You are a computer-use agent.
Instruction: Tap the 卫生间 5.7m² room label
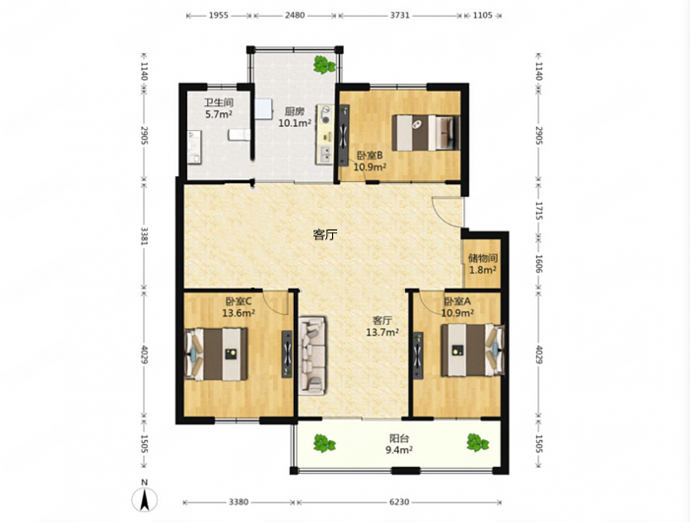pos(219,108)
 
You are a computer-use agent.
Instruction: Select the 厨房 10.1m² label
pos(295,117)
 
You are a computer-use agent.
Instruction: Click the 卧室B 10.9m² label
pos(370,161)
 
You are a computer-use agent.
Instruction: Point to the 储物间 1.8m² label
pos(483,264)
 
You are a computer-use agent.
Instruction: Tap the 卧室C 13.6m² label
pos(239,307)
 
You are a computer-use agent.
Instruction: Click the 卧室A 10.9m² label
pos(457,307)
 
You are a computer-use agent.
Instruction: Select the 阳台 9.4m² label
pos(399,444)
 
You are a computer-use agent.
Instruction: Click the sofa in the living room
pos(312,356)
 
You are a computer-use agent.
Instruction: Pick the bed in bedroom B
pos(426,133)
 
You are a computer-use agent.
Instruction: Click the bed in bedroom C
pos(217,354)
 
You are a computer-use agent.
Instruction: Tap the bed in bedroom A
pos(472,350)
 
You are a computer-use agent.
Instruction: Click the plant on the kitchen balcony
pos(324,64)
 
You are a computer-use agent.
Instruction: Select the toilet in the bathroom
pos(240,135)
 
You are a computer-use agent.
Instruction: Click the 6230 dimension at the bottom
pos(399,501)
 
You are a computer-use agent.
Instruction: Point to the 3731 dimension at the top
pos(399,15)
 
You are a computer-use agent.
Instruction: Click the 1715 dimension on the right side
pos(539,211)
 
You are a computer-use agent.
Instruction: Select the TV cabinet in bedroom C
pos(287,354)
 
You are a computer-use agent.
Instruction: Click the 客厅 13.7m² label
pos(382,326)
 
